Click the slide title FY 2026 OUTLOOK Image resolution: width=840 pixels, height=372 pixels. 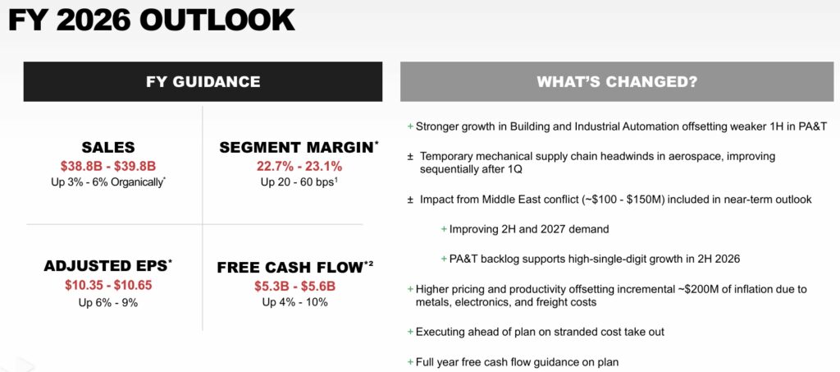(x=152, y=21)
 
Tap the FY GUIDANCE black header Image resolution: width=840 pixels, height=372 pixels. (x=203, y=81)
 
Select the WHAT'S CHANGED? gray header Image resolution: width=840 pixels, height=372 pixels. (x=617, y=81)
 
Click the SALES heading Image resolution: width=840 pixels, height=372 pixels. (x=108, y=148)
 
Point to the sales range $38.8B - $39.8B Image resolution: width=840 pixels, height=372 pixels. (x=108, y=166)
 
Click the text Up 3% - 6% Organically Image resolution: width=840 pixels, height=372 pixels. (x=108, y=182)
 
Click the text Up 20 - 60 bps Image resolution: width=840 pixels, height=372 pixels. (x=299, y=182)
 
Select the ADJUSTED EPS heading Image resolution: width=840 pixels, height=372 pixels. (x=108, y=266)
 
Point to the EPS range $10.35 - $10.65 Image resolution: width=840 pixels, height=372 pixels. (x=108, y=285)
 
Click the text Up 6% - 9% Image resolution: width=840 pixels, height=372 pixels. (x=108, y=303)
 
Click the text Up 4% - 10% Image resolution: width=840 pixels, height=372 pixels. (x=294, y=302)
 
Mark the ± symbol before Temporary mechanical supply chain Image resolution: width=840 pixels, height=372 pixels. (x=410, y=157)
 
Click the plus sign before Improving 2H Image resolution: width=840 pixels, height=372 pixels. (x=444, y=229)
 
